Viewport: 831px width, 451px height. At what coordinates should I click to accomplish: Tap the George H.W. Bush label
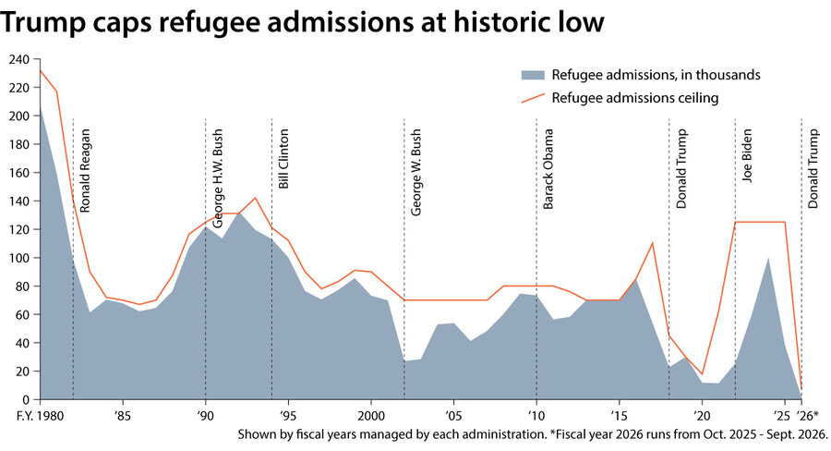coord(218,178)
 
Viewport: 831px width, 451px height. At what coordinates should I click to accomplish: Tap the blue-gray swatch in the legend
coord(532,75)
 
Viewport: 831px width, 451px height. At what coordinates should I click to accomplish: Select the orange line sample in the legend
coord(532,97)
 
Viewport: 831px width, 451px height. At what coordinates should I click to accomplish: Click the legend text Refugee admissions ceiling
coord(635,97)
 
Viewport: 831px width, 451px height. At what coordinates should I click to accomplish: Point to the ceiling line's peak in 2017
coord(652,242)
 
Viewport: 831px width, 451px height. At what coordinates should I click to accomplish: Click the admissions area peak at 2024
coord(768,258)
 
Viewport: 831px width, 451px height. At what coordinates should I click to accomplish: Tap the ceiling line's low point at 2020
coord(702,373)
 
